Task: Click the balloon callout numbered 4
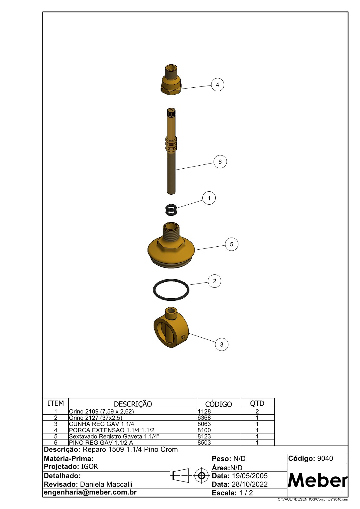tap(218, 85)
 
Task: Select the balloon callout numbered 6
tap(220, 162)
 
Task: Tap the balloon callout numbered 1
tap(209, 198)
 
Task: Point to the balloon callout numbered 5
tap(231, 244)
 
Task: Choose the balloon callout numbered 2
tap(214, 281)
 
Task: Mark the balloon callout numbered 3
tap(221, 344)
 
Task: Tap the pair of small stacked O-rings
tap(171, 209)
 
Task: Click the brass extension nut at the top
tap(171, 80)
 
